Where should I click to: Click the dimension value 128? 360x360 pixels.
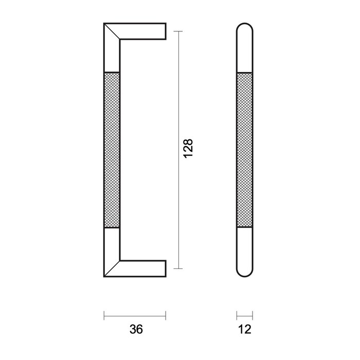tap(188, 149)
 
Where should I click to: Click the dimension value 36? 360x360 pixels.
tap(135, 330)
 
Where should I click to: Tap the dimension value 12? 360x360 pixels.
tap(245, 330)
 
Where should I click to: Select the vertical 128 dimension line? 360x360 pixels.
tap(178, 103)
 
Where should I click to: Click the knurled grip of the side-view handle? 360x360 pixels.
tap(112, 149)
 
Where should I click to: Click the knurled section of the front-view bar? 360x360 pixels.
tap(245, 149)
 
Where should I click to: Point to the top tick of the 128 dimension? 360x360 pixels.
tap(178, 31)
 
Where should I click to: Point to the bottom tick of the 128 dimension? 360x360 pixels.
tap(178, 268)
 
